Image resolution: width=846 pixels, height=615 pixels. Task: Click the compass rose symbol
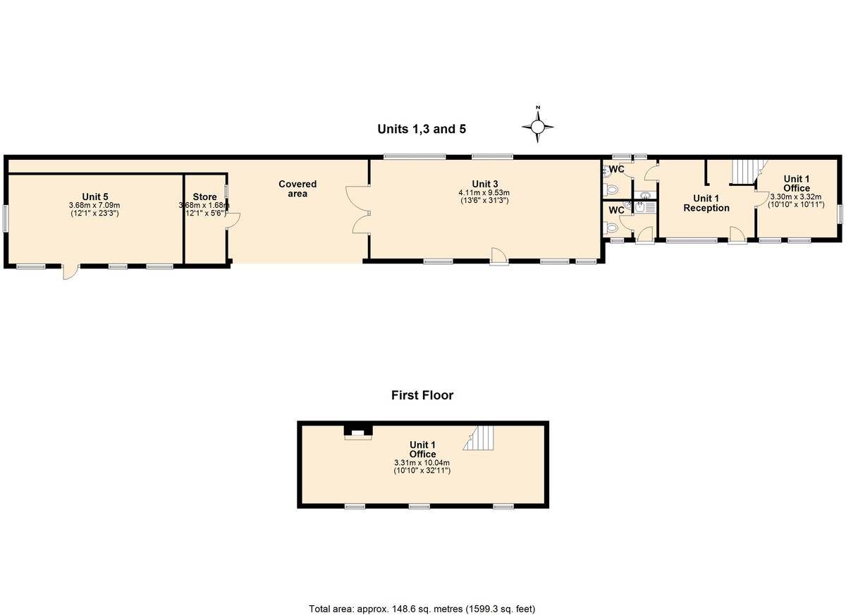[538, 126]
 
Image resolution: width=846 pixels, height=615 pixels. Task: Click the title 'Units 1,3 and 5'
[422, 129]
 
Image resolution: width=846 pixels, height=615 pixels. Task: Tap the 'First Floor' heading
[422, 395]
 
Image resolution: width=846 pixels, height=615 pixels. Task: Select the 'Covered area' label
[298, 189]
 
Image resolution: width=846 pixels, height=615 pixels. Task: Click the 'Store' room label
[204, 197]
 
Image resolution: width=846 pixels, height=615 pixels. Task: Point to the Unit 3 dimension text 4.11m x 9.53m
[484, 193]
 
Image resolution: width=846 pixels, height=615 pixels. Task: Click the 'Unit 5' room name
[95, 197]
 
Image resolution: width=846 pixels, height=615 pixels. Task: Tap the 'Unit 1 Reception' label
[706, 203]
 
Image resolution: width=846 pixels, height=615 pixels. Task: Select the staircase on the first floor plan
[479, 437]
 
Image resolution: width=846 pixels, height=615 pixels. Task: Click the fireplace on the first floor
[357, 433]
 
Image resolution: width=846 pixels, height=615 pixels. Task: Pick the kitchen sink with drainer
[645, 207]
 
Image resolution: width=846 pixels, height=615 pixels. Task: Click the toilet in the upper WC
[611, 189]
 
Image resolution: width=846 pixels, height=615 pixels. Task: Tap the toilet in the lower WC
[611, 228]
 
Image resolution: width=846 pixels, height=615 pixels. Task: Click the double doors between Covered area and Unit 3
[357, 209]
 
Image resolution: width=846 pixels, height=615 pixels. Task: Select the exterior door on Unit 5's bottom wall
[70, 272]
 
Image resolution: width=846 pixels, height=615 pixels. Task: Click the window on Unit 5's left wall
[6, 218]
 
